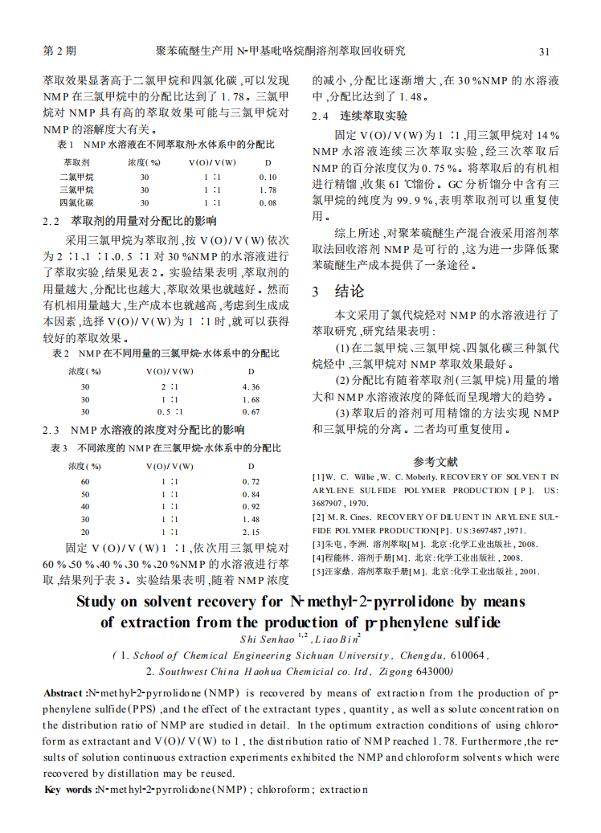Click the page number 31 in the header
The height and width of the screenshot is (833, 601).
pos(544,52)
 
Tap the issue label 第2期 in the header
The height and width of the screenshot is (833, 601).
pos(59,51)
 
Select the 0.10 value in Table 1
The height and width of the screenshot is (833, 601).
pos(268,177)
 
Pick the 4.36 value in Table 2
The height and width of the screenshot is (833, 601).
pos(251,386)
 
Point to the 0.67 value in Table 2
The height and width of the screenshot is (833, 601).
pos(251,411)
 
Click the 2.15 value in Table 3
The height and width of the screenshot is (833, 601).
pos(251,532)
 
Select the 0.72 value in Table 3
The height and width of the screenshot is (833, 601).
pos(251,480)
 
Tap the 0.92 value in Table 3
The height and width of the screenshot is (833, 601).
pos(251,506)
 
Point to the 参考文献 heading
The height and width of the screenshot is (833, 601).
pos(435,461)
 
